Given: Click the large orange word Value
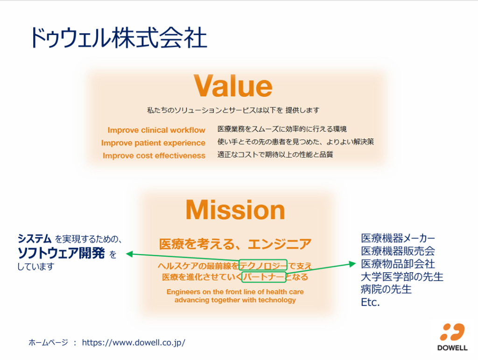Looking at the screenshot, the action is tap(233, 86).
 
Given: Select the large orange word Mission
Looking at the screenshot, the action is tap(235, 210).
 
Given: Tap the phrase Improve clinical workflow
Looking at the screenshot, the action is tap(156, 130).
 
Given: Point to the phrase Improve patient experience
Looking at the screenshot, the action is tap(153, 143).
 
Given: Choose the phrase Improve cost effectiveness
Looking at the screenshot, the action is tap(154, 156).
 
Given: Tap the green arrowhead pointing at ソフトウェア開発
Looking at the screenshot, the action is tap(130, 254).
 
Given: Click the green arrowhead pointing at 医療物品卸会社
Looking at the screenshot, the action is tap(352, 264).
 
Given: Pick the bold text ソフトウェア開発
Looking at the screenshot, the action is tap(61, 253).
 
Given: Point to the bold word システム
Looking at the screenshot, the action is tap(34, 239).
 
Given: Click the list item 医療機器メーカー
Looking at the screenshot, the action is tap(398, 238).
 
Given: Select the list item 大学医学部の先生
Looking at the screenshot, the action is tap(402, 277).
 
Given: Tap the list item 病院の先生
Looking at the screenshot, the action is tap(386, 289).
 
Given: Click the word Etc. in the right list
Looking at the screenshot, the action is tap(370, 303).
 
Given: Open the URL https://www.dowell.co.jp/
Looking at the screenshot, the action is tap(134, 343).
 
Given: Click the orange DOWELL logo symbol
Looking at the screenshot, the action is tap(452, 332).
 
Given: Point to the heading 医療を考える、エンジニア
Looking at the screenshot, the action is tap(235, 244).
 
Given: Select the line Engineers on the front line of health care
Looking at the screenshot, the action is tap(235, 292).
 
